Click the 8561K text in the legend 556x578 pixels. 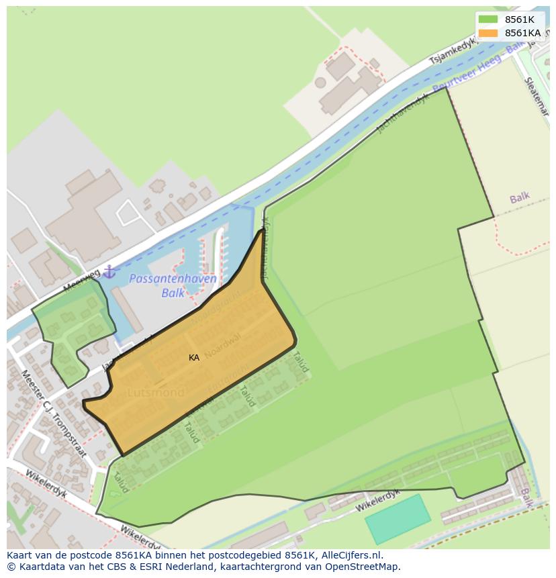519,19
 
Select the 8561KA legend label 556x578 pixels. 522,33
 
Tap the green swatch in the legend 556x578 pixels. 488,19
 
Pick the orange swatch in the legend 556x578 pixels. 488,33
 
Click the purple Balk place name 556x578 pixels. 519,198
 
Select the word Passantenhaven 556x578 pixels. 173,279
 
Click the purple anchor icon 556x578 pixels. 109,272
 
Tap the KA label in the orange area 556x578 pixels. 194,358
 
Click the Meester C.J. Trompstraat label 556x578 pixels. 53,413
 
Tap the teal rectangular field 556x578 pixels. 398,519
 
